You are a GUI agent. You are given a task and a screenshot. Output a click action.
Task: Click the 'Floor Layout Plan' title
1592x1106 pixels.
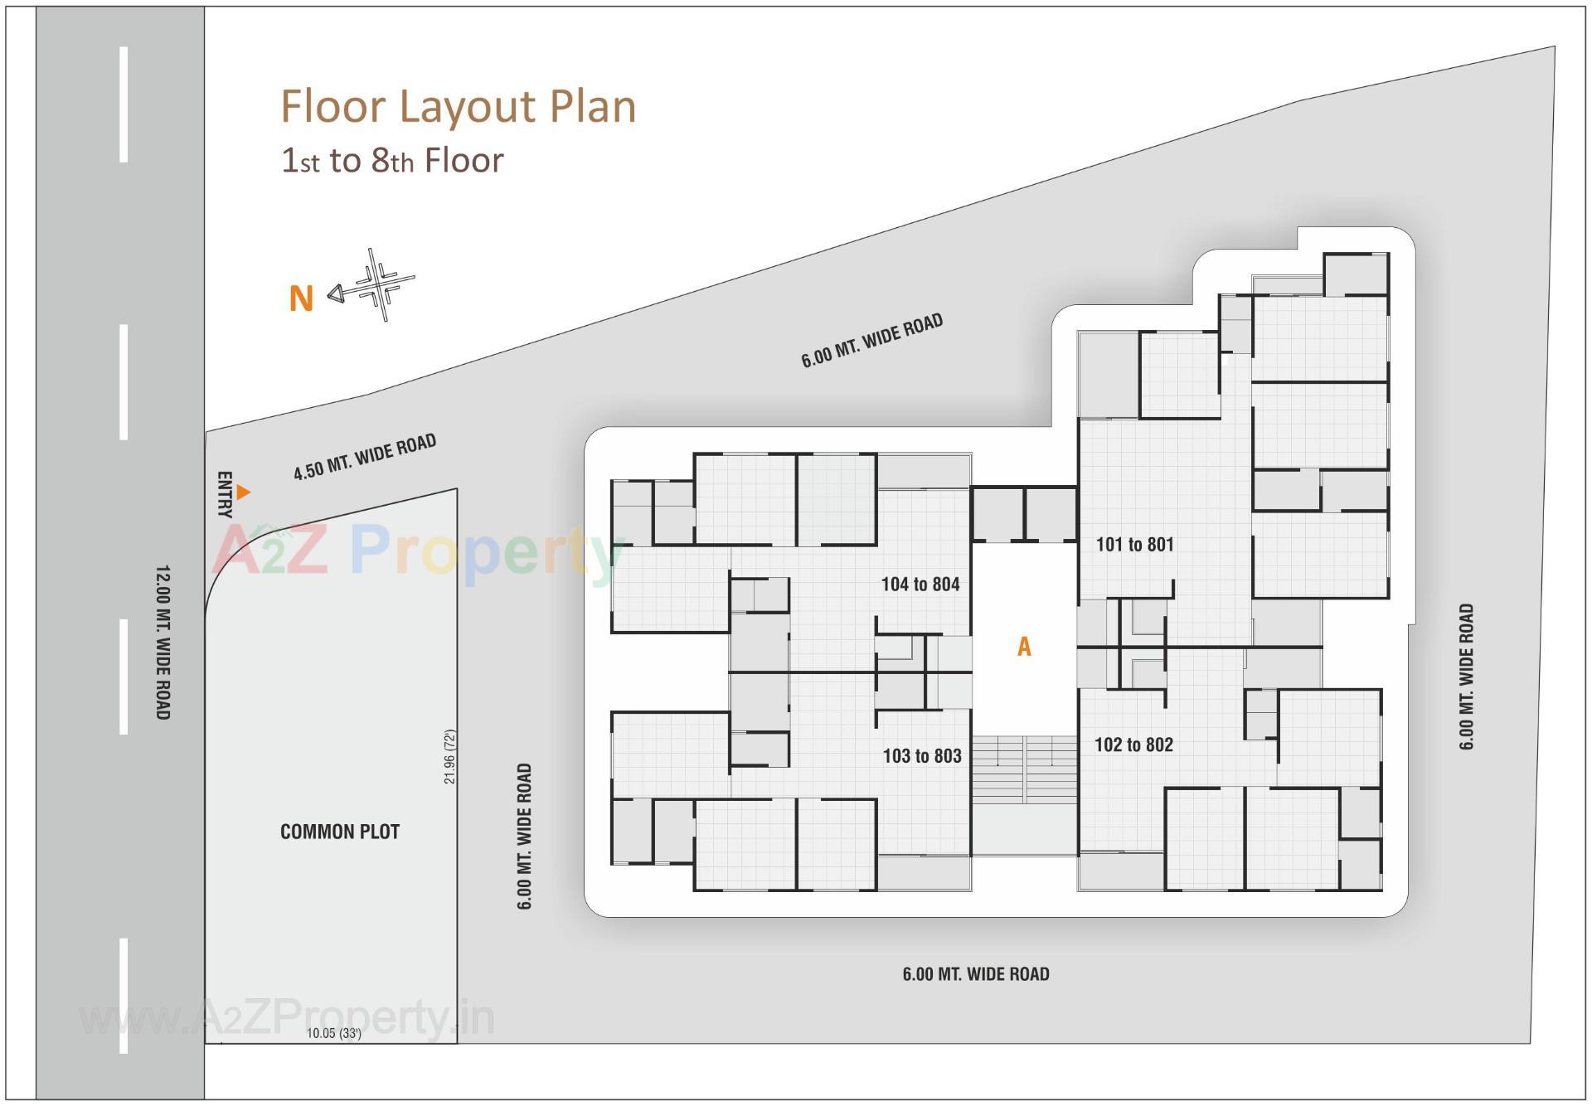click(458, 107)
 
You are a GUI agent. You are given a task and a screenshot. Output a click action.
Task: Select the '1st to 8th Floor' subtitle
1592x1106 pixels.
click(392, 161)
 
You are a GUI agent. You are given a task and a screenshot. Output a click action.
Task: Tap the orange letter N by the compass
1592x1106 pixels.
click(301, 298)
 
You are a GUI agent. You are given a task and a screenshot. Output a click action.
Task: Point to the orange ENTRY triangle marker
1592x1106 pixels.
click(243, 492)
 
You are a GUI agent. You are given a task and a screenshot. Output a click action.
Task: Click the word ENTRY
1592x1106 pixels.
click(224, 494)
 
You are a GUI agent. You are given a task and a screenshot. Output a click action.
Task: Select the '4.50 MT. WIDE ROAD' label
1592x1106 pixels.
click(365, 457)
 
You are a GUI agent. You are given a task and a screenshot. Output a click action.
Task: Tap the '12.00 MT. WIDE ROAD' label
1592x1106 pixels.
click(163, 642)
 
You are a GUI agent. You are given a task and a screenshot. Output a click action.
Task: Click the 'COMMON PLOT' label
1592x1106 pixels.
click(340, 832)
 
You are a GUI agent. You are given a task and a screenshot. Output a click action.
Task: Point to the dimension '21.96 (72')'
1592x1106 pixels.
click(449, 756)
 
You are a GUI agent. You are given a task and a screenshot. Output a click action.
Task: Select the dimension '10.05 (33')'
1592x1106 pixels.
click(333, 1033)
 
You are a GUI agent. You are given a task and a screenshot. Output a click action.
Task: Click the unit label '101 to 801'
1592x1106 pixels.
click(1134, 545)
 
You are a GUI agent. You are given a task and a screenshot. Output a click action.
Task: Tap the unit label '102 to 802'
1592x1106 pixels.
click(1133, 745)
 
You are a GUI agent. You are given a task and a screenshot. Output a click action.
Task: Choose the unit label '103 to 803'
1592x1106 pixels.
click(921, 755)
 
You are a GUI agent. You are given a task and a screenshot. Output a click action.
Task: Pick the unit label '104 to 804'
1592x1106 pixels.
click(920, 584)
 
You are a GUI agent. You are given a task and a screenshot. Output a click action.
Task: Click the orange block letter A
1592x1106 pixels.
click(1024, 647)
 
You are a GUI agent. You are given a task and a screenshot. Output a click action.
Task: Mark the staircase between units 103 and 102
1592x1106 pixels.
click(1024, 769)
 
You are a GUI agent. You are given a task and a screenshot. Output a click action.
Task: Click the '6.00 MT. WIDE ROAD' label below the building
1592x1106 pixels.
click(976, 974)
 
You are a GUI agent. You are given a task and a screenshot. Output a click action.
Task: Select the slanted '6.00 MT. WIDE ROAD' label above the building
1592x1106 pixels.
click(871, 340)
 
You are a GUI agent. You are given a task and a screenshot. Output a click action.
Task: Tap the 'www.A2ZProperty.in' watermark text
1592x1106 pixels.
click(287, 1018)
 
